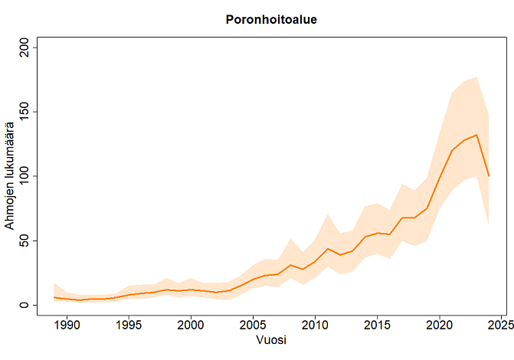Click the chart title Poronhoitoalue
pyautogui.click(x=271, y=19)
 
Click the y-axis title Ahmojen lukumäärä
pyautogui.click(x=10, y=176)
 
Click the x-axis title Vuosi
pyautogui.click(x=272, y=340)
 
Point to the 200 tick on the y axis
pyautogui.click(x=22, y=47)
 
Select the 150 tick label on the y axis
pyautogui.click(x=22, y=112)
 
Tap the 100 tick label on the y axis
pyautogui.click(x=22, y=176)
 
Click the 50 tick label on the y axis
pyautogui.click(x=22, y=241)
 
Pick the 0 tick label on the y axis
pyautogui.click(x=22, y=305)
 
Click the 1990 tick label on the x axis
pyautogui.click(x=67, y=326)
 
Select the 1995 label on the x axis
pyautogui.click(x=129, y=326)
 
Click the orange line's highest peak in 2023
pyautogui.click(x=476, y=135)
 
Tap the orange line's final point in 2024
pyautogui.click(x=489, y=176)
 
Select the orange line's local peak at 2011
pyautogui.click(x=328, y=248)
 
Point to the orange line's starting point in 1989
pyautogui.click(x=54, y=297)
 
